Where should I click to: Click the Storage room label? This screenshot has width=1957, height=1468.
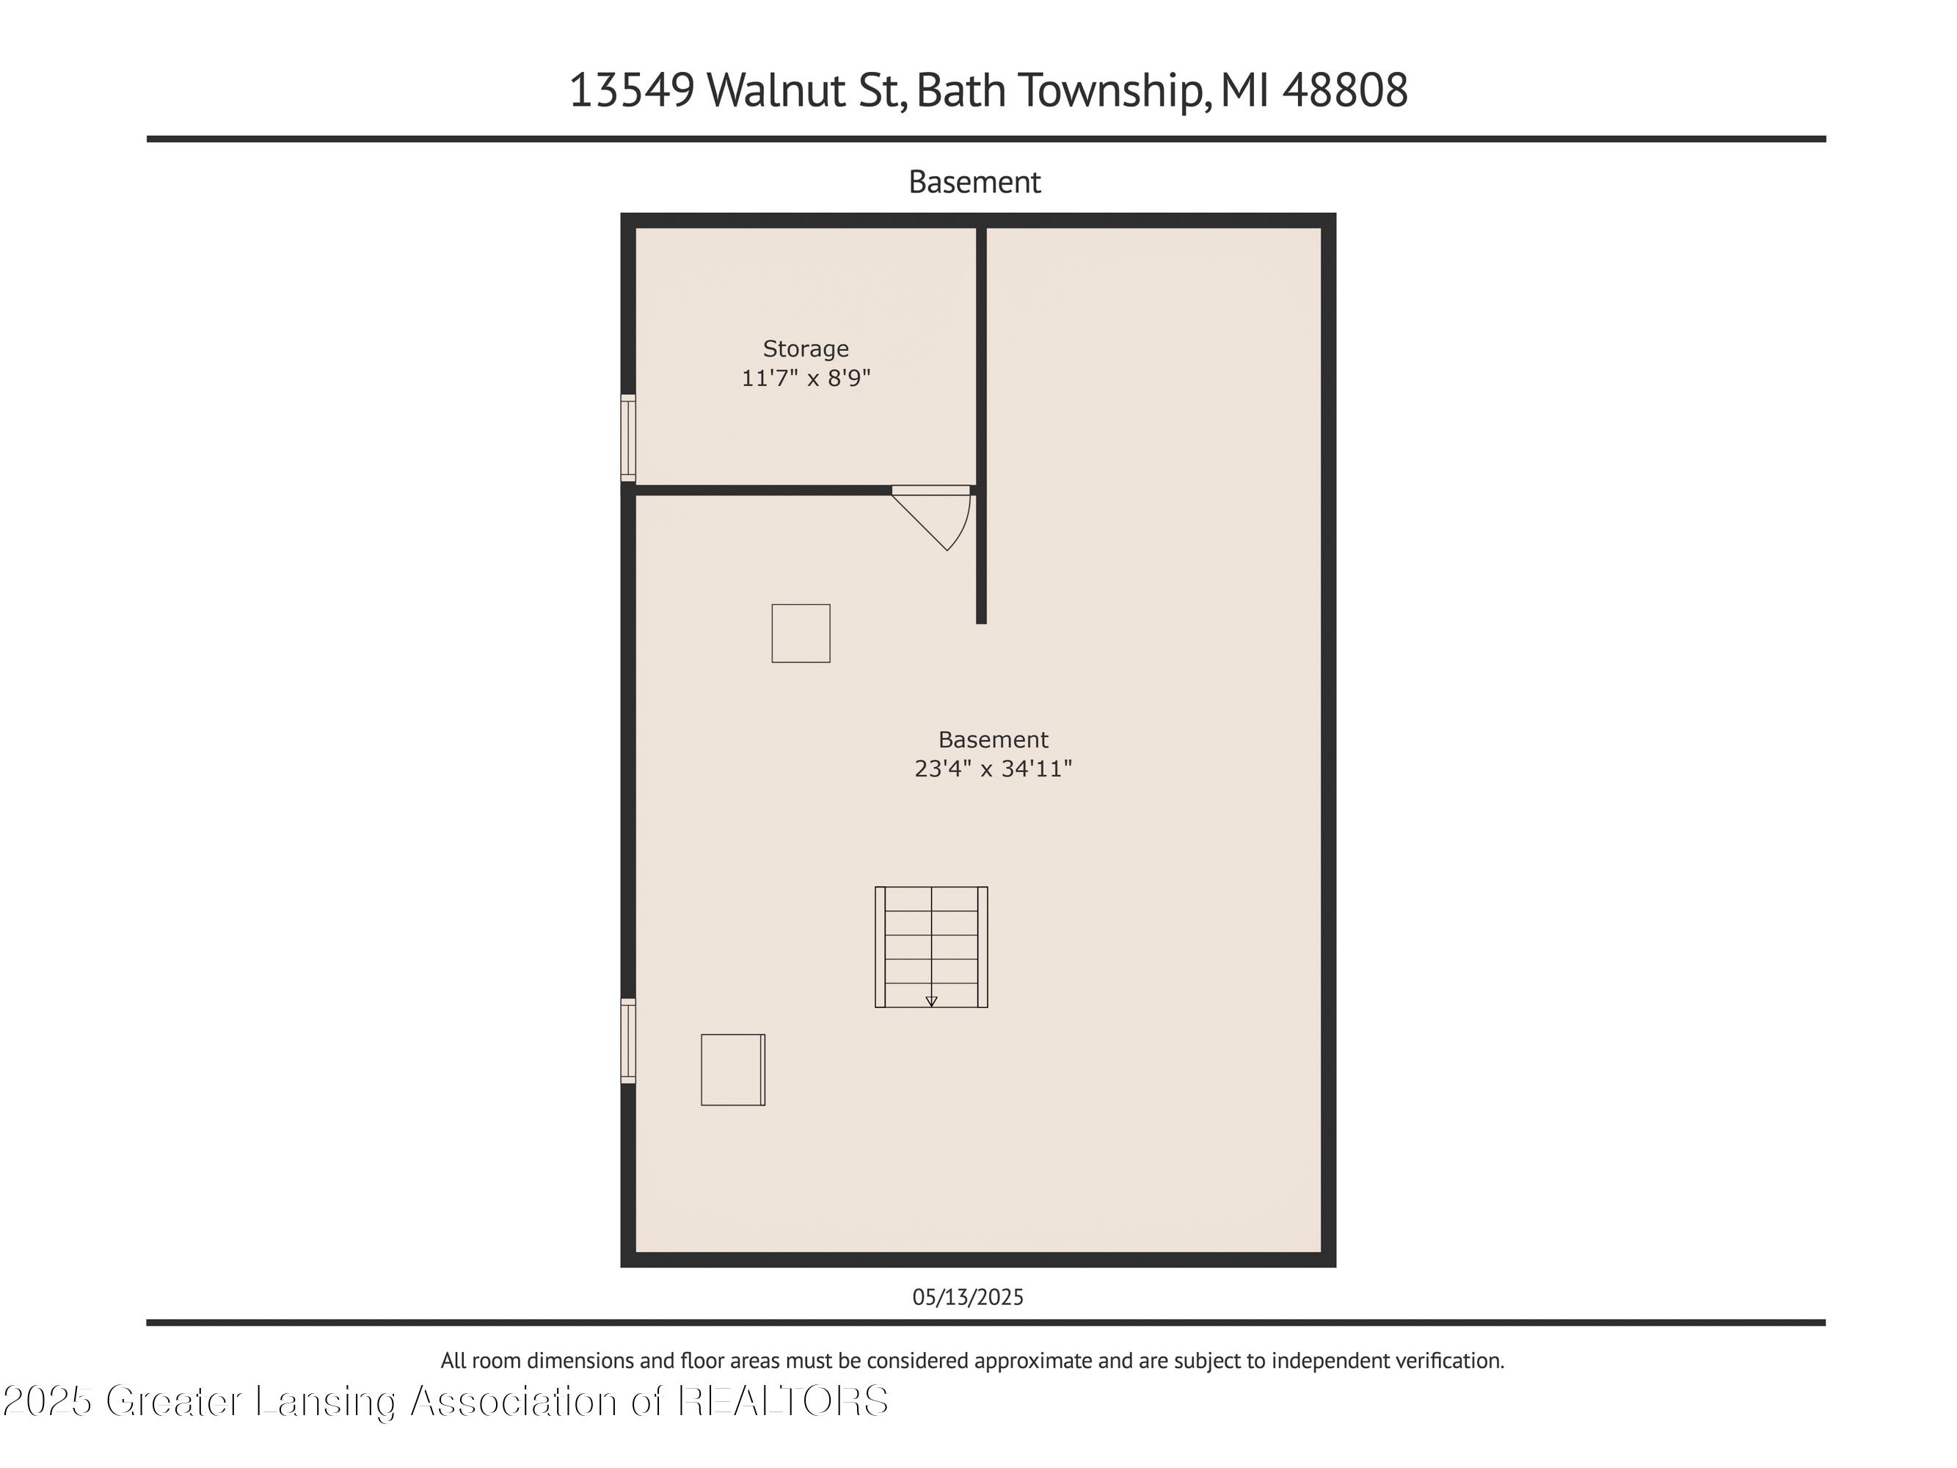coord(805,349)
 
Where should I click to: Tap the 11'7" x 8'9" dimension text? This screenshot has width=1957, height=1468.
coord(805,378)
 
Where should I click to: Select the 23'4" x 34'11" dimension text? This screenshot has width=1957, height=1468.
coord(993,768)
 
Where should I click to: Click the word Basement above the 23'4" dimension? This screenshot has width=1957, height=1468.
coord(993,739)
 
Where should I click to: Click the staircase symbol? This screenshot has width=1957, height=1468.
coord(930,947)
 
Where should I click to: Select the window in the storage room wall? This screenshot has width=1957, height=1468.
coord(628,438)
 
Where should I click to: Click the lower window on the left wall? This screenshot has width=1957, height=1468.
coord(628,1041)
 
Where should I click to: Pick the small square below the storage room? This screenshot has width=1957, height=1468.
coord(801,633)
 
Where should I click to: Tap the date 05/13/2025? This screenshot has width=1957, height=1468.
coord(968,1297)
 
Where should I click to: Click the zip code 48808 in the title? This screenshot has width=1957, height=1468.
coord(1345,90)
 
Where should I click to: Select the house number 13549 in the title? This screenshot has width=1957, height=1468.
coord(632,90)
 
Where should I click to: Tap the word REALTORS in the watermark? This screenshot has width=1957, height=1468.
coord(783,1400)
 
